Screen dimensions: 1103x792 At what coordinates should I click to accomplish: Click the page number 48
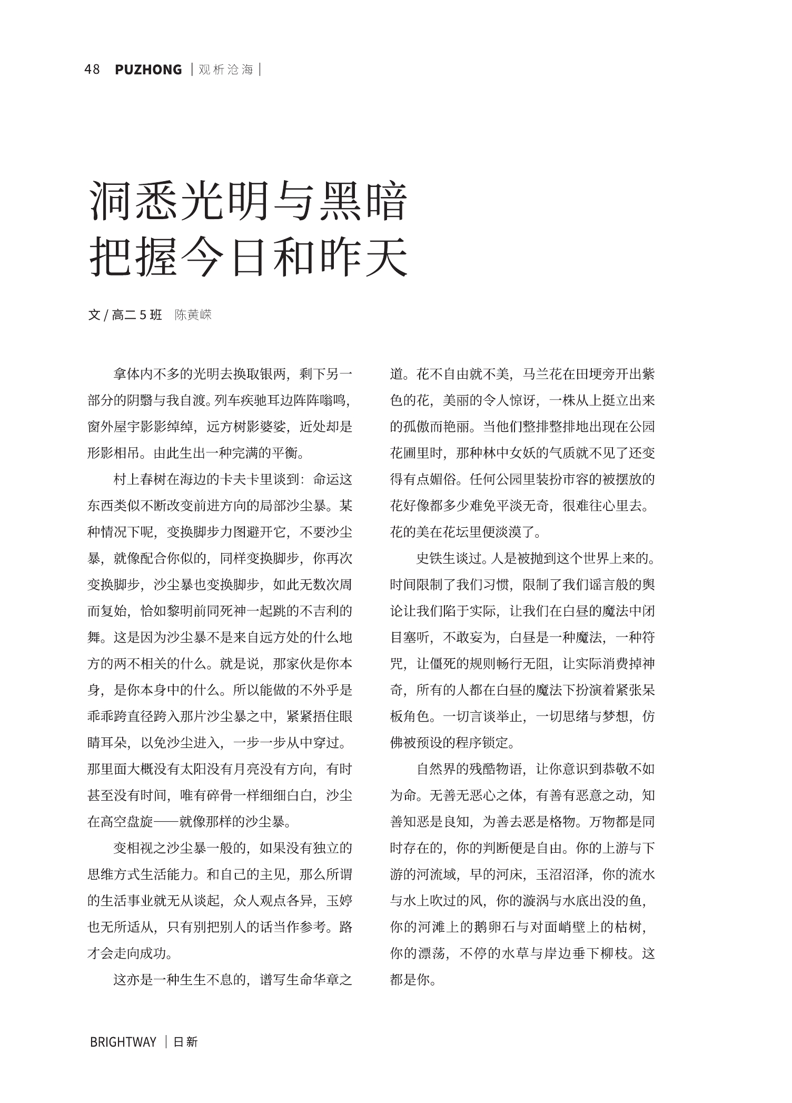click(92, 70)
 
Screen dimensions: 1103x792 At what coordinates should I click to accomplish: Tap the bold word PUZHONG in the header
click(148, 70)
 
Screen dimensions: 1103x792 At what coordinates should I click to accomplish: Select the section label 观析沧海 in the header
click(226, 70)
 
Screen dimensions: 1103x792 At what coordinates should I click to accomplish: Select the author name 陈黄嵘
click(193, 315)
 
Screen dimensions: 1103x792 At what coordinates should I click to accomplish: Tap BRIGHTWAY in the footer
click(123, 1041)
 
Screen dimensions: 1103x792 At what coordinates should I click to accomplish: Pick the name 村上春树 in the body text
click(140, 480)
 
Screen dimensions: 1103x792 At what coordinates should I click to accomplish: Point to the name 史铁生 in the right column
click(436, 558)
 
